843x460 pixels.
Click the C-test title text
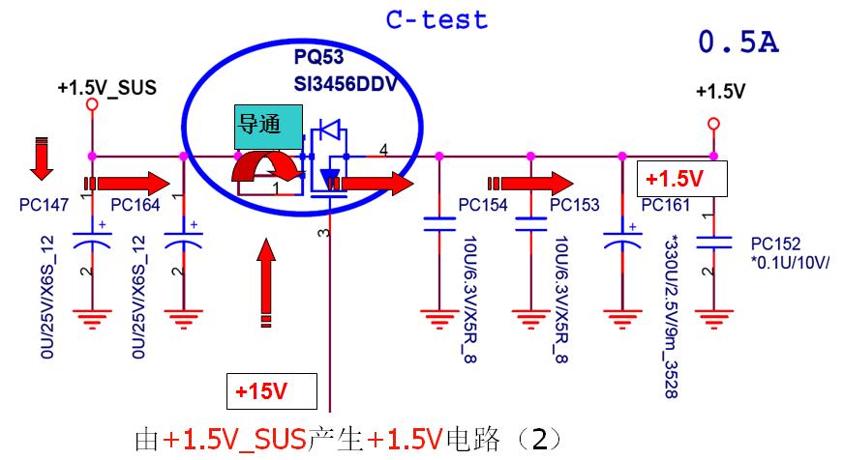[437, 19]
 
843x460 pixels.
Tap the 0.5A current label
[738, 43]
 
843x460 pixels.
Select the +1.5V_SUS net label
[106, 88]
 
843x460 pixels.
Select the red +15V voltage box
[272, 391]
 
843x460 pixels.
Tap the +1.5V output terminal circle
[713, 123]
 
